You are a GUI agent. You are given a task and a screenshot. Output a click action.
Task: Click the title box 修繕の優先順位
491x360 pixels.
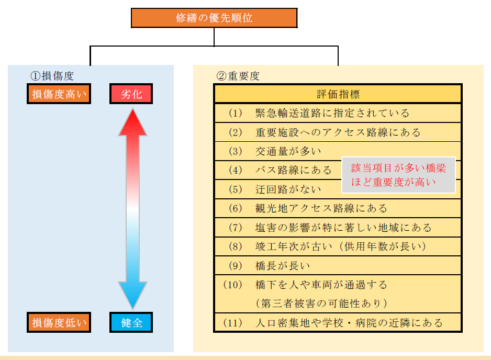pos(214,18)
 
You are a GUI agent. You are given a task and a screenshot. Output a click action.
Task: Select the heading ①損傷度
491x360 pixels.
pos(52,75)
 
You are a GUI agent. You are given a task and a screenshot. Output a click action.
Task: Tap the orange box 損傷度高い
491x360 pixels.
pos(59,94)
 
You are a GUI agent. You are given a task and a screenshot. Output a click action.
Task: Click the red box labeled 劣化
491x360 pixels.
pos(131,94)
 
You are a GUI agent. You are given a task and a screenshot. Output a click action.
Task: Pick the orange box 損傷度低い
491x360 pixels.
pos(59,322)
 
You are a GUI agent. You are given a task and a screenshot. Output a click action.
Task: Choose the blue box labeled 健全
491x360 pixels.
pos(131,322)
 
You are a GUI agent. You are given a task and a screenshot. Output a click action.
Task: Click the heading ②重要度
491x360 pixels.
pos(238,75)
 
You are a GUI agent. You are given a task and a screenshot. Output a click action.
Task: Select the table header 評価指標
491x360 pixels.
pos(338,94)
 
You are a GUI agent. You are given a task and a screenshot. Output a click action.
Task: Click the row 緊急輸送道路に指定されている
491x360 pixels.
pos(332,113)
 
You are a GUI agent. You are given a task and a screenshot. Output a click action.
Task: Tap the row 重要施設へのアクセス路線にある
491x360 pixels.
pos(338,132)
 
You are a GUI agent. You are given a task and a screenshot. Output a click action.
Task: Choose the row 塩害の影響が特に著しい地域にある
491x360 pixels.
pos(343,228)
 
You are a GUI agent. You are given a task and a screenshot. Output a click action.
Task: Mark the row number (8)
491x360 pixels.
pos(236,246)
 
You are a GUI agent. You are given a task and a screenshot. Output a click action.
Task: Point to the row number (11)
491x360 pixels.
pos(233,322)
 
